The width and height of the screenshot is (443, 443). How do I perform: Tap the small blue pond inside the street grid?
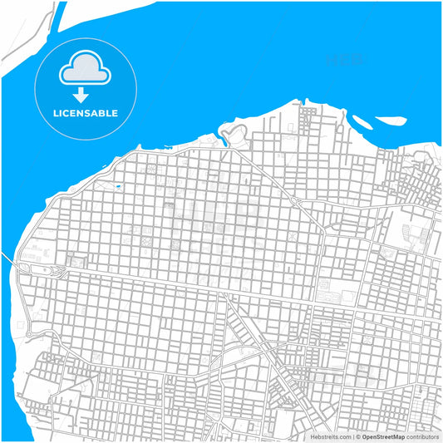coord(119,187)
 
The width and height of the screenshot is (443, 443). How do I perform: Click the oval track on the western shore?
coord(43,271)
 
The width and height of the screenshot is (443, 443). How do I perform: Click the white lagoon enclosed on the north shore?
coord(236,131)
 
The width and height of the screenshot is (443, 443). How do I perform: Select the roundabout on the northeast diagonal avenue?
coord(298,200)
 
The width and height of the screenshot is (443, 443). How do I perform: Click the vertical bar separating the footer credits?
coord(353,436)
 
